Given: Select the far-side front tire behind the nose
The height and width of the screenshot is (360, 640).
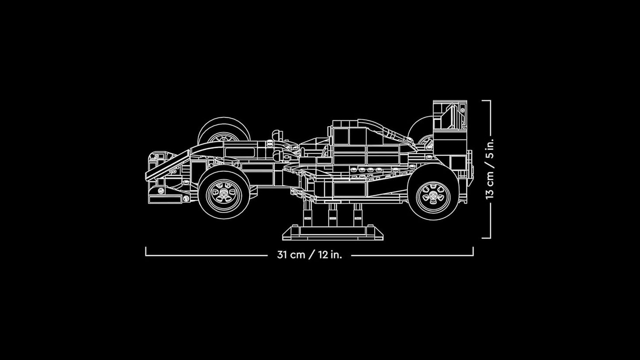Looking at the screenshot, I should [224, 128].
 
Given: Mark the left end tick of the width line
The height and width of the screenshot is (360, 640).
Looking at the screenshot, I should [146, 252].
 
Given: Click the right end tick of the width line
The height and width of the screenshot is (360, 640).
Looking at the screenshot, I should [473, 252].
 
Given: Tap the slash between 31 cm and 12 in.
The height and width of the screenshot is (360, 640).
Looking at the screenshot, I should [312, 255].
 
